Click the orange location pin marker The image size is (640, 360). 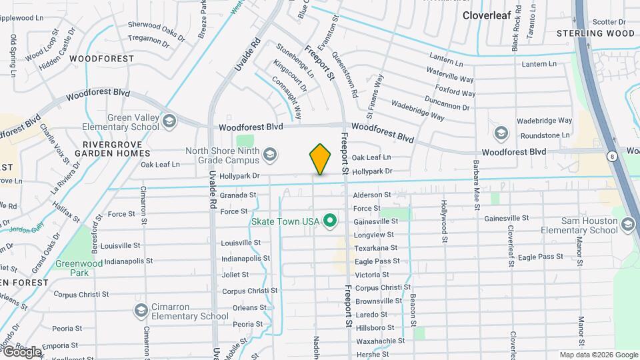coord(320,159)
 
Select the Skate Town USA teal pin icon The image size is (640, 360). coord(329,220)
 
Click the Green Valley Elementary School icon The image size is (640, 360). coord(169,121)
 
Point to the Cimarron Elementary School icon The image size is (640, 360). coord(141,311)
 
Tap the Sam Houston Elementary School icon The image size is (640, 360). coord(627,225)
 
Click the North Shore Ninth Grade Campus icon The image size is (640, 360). coord(270,156)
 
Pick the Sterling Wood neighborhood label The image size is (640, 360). coord(595,33)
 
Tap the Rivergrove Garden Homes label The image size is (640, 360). coord(110,147)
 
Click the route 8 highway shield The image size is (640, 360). coord(611,156)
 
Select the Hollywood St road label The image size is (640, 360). coord(443,217)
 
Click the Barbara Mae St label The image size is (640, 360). coord(476,183)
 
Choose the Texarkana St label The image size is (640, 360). coord(376,248)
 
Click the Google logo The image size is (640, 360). coord(21,351)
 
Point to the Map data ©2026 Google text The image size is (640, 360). coord(598,355)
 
